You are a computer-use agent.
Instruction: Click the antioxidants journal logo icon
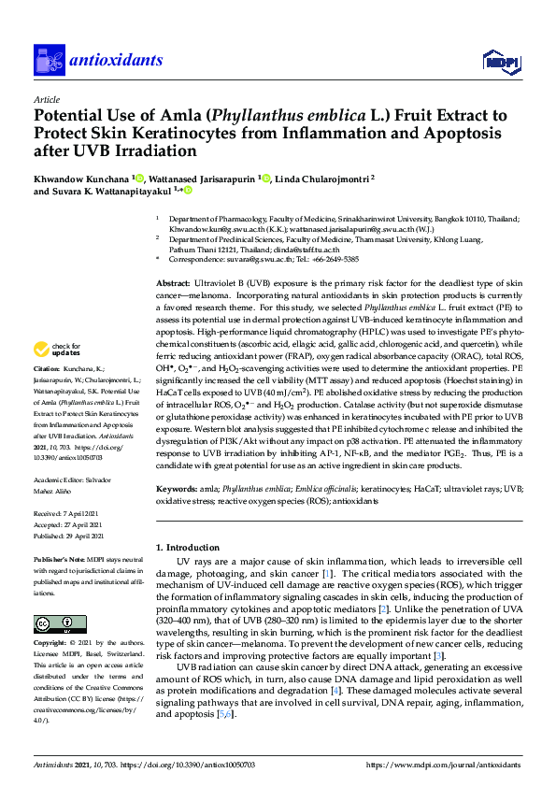pyautogui.click(x=48, y=61)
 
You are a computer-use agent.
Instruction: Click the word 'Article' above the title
pyautogui.click(x=47, y=98)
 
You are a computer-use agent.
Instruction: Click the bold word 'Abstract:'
pyautogui.click(x=175, y=282)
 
